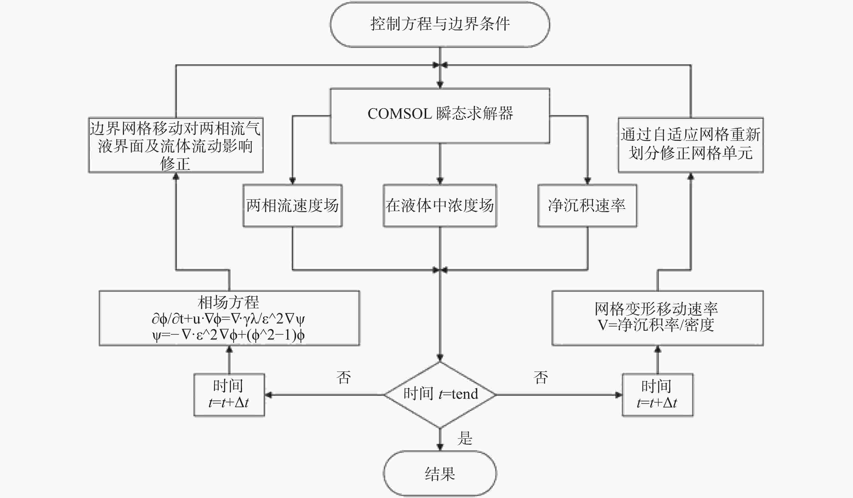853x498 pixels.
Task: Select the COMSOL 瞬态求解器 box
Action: pos(440,116)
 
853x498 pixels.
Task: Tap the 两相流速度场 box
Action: pos(292,205)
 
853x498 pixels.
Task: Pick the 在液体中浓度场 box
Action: pos(440,205)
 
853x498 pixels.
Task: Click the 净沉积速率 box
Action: pos(587,205)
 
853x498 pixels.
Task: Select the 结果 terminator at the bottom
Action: pos(440,473)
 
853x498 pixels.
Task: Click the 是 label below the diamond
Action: pos(464,438)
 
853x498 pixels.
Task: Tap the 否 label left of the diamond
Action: pos(344,377)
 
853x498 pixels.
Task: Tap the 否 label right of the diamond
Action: pos(540,377)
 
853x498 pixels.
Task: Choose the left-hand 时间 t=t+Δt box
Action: pos(229,395)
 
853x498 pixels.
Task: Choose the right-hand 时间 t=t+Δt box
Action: pos(657,395)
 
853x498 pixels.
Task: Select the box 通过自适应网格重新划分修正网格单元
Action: pos(691,145)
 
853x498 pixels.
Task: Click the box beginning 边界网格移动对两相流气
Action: pos(176,145)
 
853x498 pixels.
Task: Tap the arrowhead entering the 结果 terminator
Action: pos(440,447)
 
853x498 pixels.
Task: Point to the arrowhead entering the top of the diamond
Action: pos(440,357)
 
